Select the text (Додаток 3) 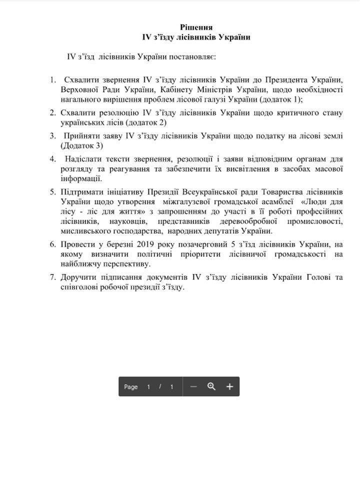pyautogui.click(x=82, y=145)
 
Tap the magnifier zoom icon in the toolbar pyautogui.click(x=211, y=386)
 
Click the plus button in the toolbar pyautogui.click(x=229, y=386)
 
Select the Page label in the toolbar pyautogui.click(x=131, y=387)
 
